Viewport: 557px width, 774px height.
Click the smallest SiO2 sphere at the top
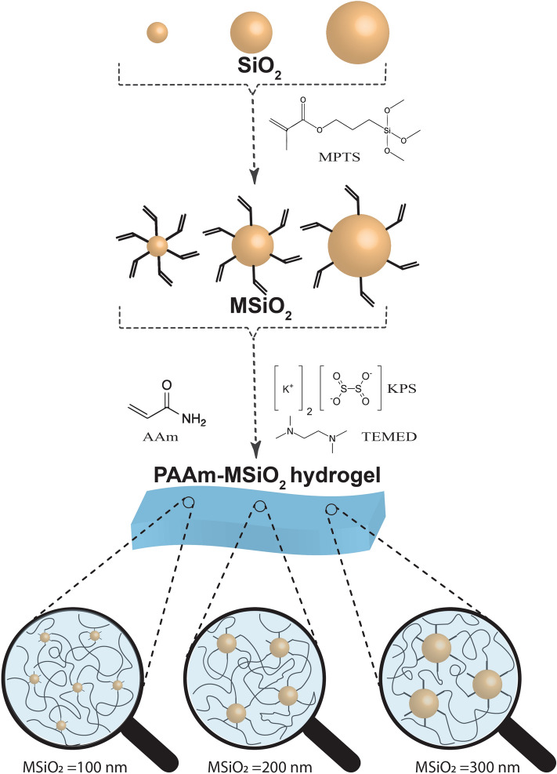point(157,32)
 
